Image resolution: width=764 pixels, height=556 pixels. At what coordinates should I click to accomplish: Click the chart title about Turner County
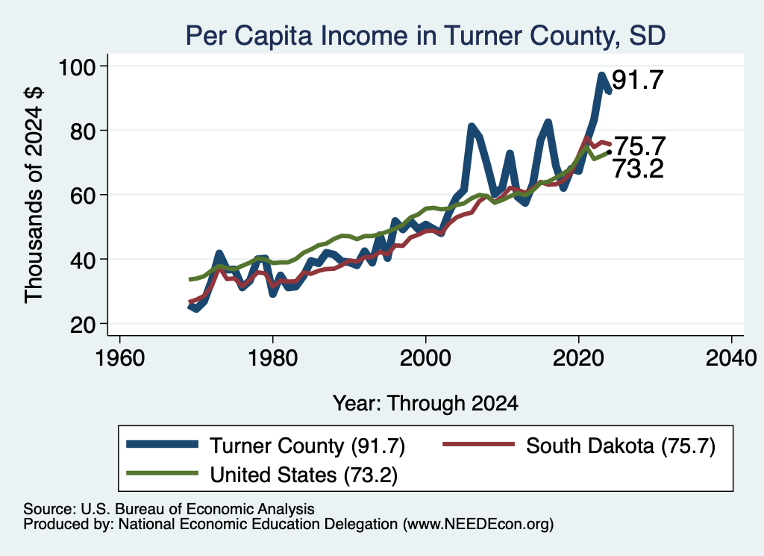(x=425, y=36)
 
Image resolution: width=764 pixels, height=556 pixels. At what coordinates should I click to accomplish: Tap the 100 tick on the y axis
(x=77, y=66)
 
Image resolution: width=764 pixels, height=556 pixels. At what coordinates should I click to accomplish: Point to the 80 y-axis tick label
(x=82, y=131)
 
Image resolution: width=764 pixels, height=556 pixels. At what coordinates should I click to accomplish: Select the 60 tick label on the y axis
(x=82, y=196)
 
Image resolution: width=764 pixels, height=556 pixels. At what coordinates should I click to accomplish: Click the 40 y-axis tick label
(x=82, y=260)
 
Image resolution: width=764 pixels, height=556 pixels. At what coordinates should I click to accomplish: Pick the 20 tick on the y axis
(x=82, y=325)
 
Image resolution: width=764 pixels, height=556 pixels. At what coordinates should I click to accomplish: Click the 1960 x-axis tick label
(x=120, y=359)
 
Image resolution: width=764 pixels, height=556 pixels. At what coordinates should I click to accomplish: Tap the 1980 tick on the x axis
(x=273, y=359)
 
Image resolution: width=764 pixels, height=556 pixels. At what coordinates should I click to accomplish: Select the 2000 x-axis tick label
(x=426, y=359)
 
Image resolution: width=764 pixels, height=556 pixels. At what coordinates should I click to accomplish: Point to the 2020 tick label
(x=579, y=359)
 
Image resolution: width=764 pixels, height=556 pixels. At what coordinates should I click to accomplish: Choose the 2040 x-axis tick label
(x=731, y=359)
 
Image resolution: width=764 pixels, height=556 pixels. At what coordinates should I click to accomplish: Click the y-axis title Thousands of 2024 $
(x=34, y=195)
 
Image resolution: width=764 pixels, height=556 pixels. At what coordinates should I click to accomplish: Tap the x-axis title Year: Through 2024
(x=425, y=404)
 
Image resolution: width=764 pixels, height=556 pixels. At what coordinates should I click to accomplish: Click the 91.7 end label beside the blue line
(x=637, y=80)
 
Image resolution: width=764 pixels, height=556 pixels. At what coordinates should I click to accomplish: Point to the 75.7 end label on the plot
(x=639, y=146)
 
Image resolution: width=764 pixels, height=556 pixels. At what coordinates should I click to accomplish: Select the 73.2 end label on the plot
(x=637, y=169)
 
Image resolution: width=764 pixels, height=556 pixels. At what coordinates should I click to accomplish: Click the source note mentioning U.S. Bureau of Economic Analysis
(x=169, y=509)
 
